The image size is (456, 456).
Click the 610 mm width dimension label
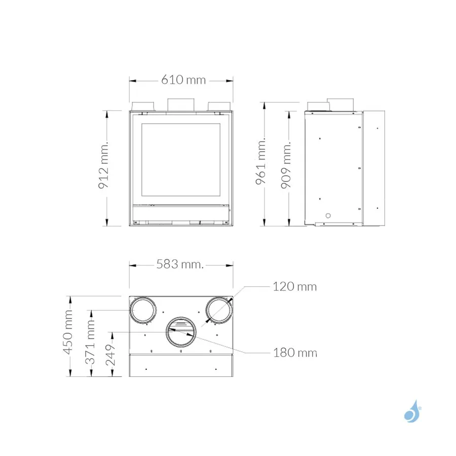click(x=183, y=80)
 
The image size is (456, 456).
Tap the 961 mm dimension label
click(x=261, y=161)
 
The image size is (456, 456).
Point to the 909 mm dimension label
click(x=286, y=165)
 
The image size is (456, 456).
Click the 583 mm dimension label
click(x=180, y=264)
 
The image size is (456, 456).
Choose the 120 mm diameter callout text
click(x=294, y=287)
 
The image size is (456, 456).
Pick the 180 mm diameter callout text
click(x=295, y=353)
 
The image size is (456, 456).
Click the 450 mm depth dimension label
click(x=68, y=332)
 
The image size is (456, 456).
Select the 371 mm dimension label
click(x=90, y=341)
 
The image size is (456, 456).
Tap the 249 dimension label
click(x=110, y=355)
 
